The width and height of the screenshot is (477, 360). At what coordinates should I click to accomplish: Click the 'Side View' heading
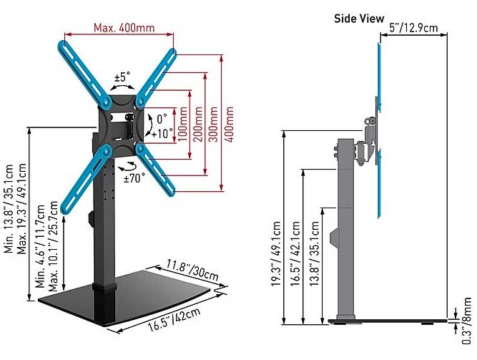[x=359, y=19]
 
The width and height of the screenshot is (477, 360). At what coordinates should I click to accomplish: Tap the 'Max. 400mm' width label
[x=124, y=28]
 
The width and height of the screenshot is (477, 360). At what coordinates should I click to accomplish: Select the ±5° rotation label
[x=122, y=77]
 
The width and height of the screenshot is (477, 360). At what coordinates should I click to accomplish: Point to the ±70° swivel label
[x=134, y=178]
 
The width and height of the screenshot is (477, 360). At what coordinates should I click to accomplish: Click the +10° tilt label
[x=162, y=133]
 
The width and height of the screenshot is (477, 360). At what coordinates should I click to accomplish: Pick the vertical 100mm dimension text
[x=182, y=124]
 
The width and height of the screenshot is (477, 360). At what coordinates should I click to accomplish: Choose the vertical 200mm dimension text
[x=198, y=124]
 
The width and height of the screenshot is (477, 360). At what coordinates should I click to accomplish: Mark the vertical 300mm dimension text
[x=214, y=124]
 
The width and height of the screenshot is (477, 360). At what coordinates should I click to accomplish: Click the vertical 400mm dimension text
[x=230, y=124]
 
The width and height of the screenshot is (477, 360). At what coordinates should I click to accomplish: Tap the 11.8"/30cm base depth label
[x=192, y=270]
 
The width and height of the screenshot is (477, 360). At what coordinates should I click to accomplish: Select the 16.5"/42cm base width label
[x=174, y=319]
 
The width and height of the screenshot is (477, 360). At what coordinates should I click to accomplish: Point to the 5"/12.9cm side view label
[x=414, y=28]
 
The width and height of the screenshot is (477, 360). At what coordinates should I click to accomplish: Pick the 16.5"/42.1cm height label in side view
[x=295, y=253]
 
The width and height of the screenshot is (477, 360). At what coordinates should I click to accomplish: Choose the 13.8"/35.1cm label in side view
[x=314, y=253]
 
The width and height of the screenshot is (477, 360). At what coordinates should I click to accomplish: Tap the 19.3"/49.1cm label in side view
[x=276, y=253]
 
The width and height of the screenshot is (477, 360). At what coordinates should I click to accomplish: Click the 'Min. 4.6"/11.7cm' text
[x=41, y=246]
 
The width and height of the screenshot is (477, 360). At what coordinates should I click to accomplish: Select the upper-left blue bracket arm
[x=83, y=74]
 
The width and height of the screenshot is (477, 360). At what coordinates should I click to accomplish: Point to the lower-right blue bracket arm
[x=155, y=168]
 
